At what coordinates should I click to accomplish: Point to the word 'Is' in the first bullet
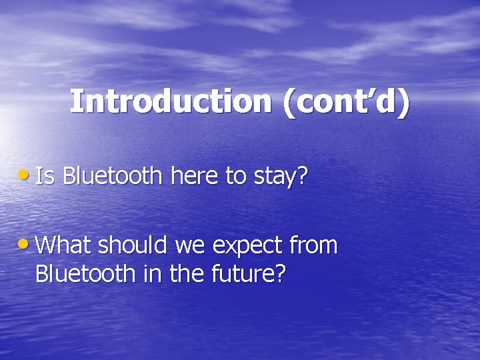click(x=45, y=177)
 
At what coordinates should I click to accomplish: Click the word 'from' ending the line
click(x=315, y=246)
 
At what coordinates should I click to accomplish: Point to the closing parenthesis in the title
click(x=403, y=104)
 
